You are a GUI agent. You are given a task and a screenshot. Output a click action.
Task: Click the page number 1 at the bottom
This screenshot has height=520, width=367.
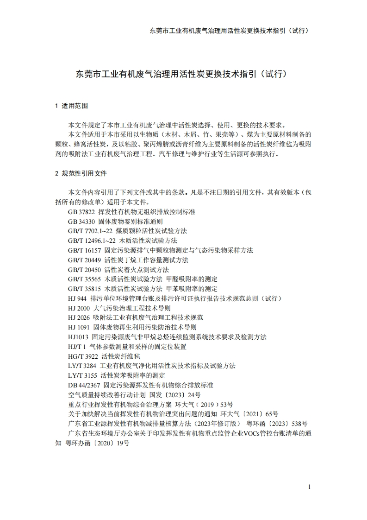(309, 487)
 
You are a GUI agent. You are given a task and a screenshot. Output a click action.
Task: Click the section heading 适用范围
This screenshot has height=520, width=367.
(75, 106)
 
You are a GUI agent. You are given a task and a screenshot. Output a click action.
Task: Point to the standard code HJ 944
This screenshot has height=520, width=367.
(77, 298)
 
